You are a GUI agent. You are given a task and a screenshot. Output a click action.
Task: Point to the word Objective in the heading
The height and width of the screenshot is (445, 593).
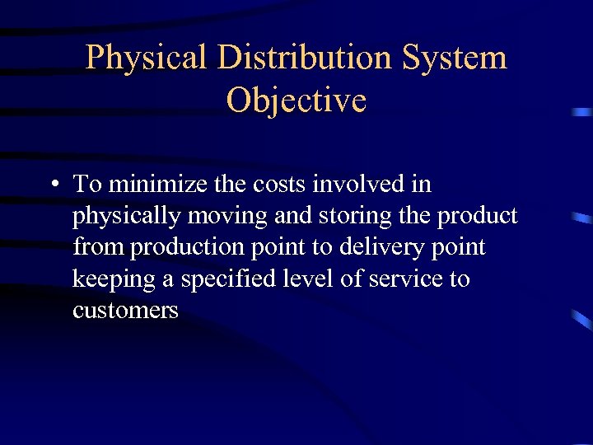[x=296, y=101]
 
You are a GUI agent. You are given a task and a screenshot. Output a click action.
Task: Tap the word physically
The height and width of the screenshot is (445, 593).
[x=128, y=217]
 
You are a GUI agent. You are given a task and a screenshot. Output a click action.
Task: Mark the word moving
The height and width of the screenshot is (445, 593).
[x=227, y=217]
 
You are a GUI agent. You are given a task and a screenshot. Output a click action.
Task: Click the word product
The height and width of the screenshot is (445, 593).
[x=478, y=217]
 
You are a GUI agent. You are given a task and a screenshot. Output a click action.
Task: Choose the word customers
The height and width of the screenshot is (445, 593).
[x=125, y=311]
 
